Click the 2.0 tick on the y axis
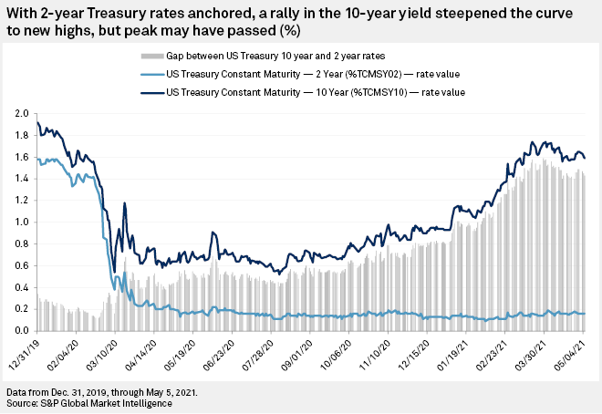[x=21, y=114]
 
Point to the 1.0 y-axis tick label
[x=21, y=222]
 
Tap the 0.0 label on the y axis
[x=21, y=329]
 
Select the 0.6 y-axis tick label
[x=21, y=264]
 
